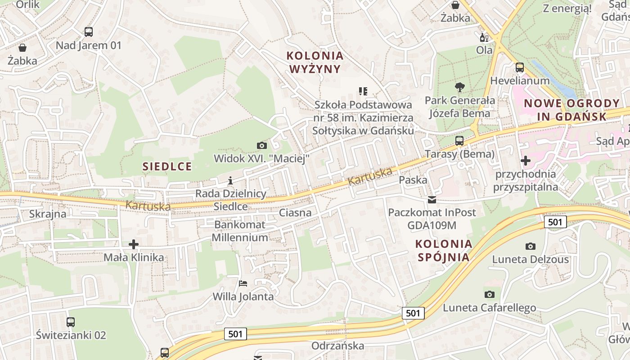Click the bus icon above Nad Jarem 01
click(x=89, y=32)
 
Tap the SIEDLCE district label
click(x=167, y=166)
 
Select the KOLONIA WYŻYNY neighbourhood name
click(x=315, y=62)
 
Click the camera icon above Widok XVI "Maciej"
click(x=261, y=145)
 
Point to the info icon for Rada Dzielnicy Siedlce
click(x=230, y=181)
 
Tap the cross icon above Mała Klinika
click(x=134, y=244)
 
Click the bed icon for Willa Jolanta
click(x=243, y=283)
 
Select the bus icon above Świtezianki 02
click(x=71, y=322)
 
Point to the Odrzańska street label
click(x=337, y=346)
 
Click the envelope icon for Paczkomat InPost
click(x=432, y=199)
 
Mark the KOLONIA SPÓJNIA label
click(x=444, y=251)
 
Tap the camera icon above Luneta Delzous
click(x=531, y=246)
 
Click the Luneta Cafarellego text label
click(x=490, y=308)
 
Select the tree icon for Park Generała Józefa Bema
click(x=459, y=87)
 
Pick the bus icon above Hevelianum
click(x=520, y=68)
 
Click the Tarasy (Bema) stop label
click(x=459, y=154)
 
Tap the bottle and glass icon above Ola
click(x=484, y=37)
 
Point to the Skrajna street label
click(x=48, y=214)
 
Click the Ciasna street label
click(x=295, y=212)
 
